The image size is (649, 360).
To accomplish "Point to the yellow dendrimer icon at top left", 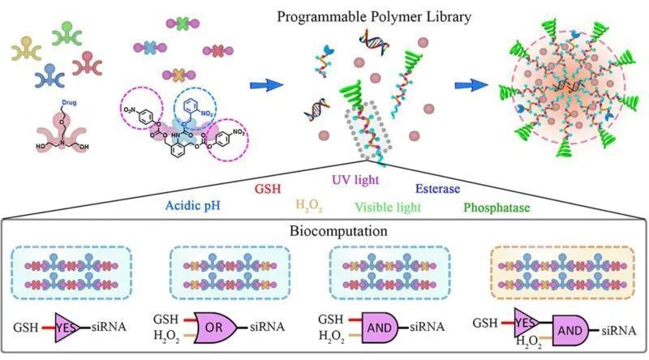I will tap(27, 51).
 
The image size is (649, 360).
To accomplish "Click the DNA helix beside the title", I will tap(376, 40).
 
